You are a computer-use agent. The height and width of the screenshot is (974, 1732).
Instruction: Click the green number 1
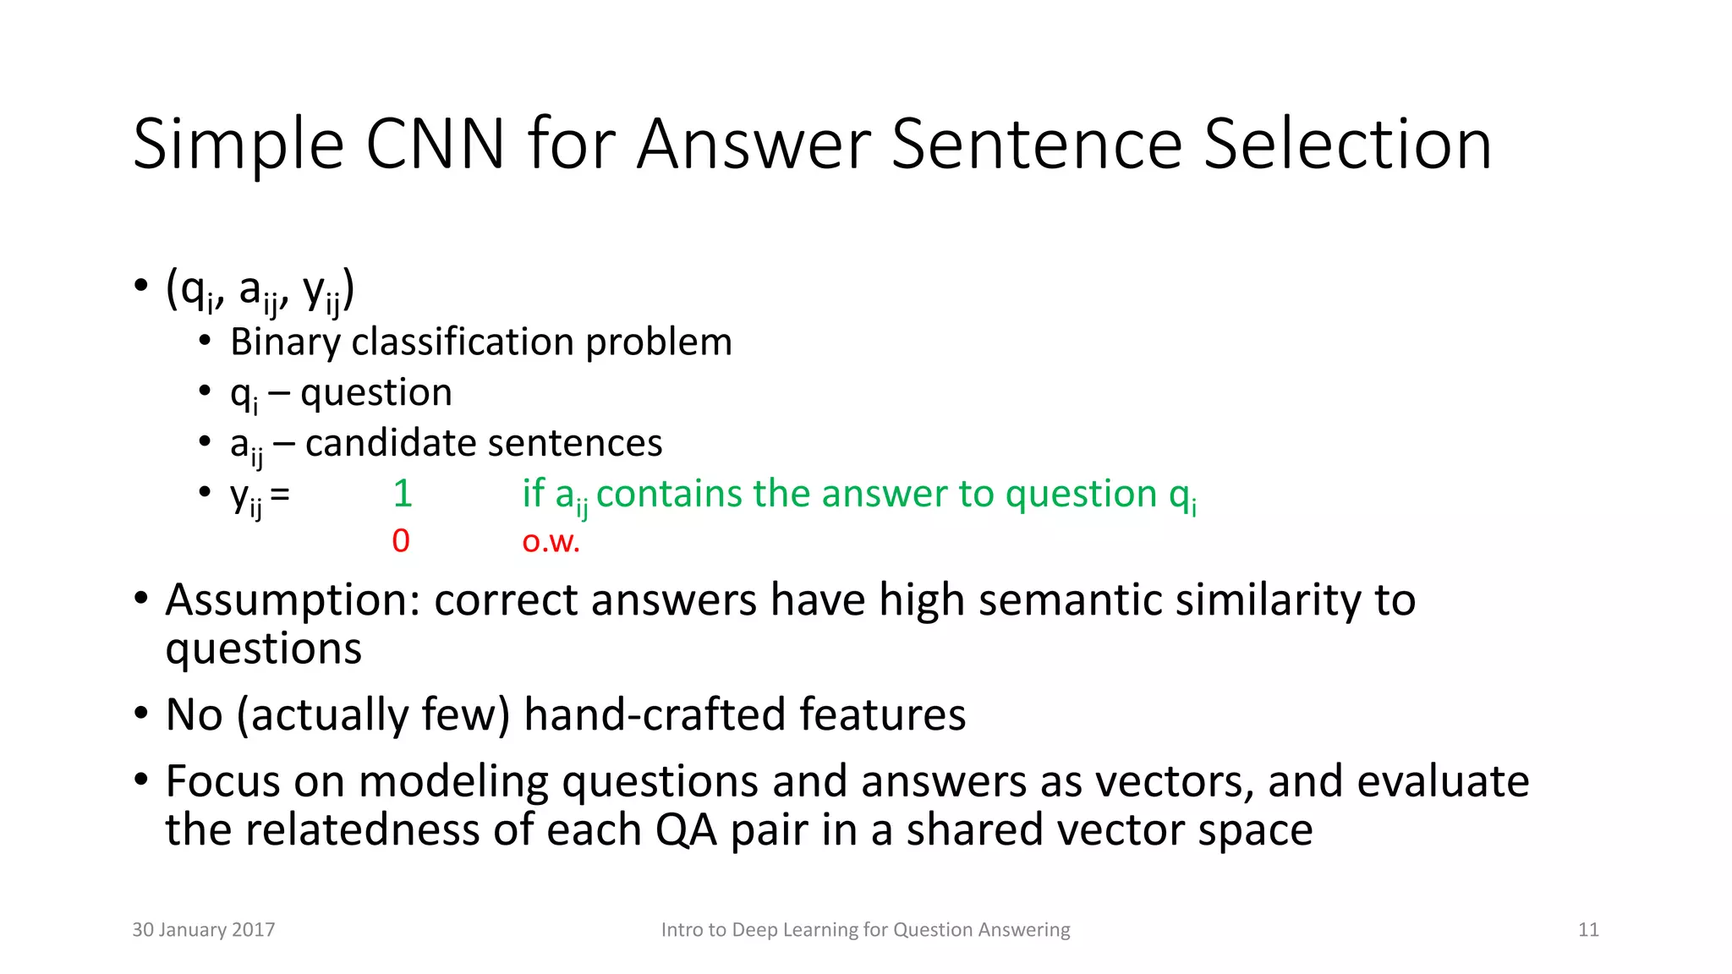pyautogui.click(x=403, y=494)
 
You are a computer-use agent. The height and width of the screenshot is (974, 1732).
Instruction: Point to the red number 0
pyautogui.click(x=401, y=541)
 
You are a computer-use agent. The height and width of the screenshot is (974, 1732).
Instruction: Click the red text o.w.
pyautogui.click(x=551, y=541)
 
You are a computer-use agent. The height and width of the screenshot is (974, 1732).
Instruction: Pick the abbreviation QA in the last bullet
pyautogui.click(x=686, y=830)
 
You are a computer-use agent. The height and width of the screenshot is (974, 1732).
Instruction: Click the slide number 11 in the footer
pyautogui.click(x=1588, y=930)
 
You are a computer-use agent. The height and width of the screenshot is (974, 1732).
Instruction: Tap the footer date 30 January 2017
pyautogui.click(x=204, y=930)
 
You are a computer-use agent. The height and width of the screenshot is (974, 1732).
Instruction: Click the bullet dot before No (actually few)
pyautogui.click(x=140, y=713)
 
